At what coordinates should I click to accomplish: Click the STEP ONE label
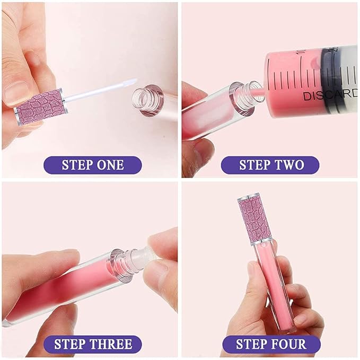pyautogui.click(x=93, y=164)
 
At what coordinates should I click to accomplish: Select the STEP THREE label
pyautogui.click(x=93, y=345)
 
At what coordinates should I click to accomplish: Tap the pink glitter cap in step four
pyautogui.click(x=256, y=219)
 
